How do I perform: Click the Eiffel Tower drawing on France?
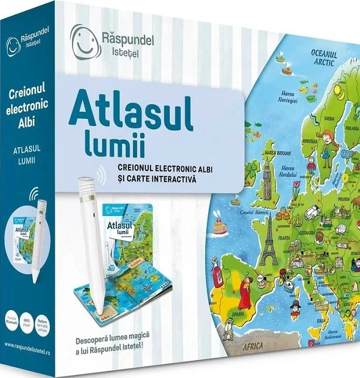point(269,226)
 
